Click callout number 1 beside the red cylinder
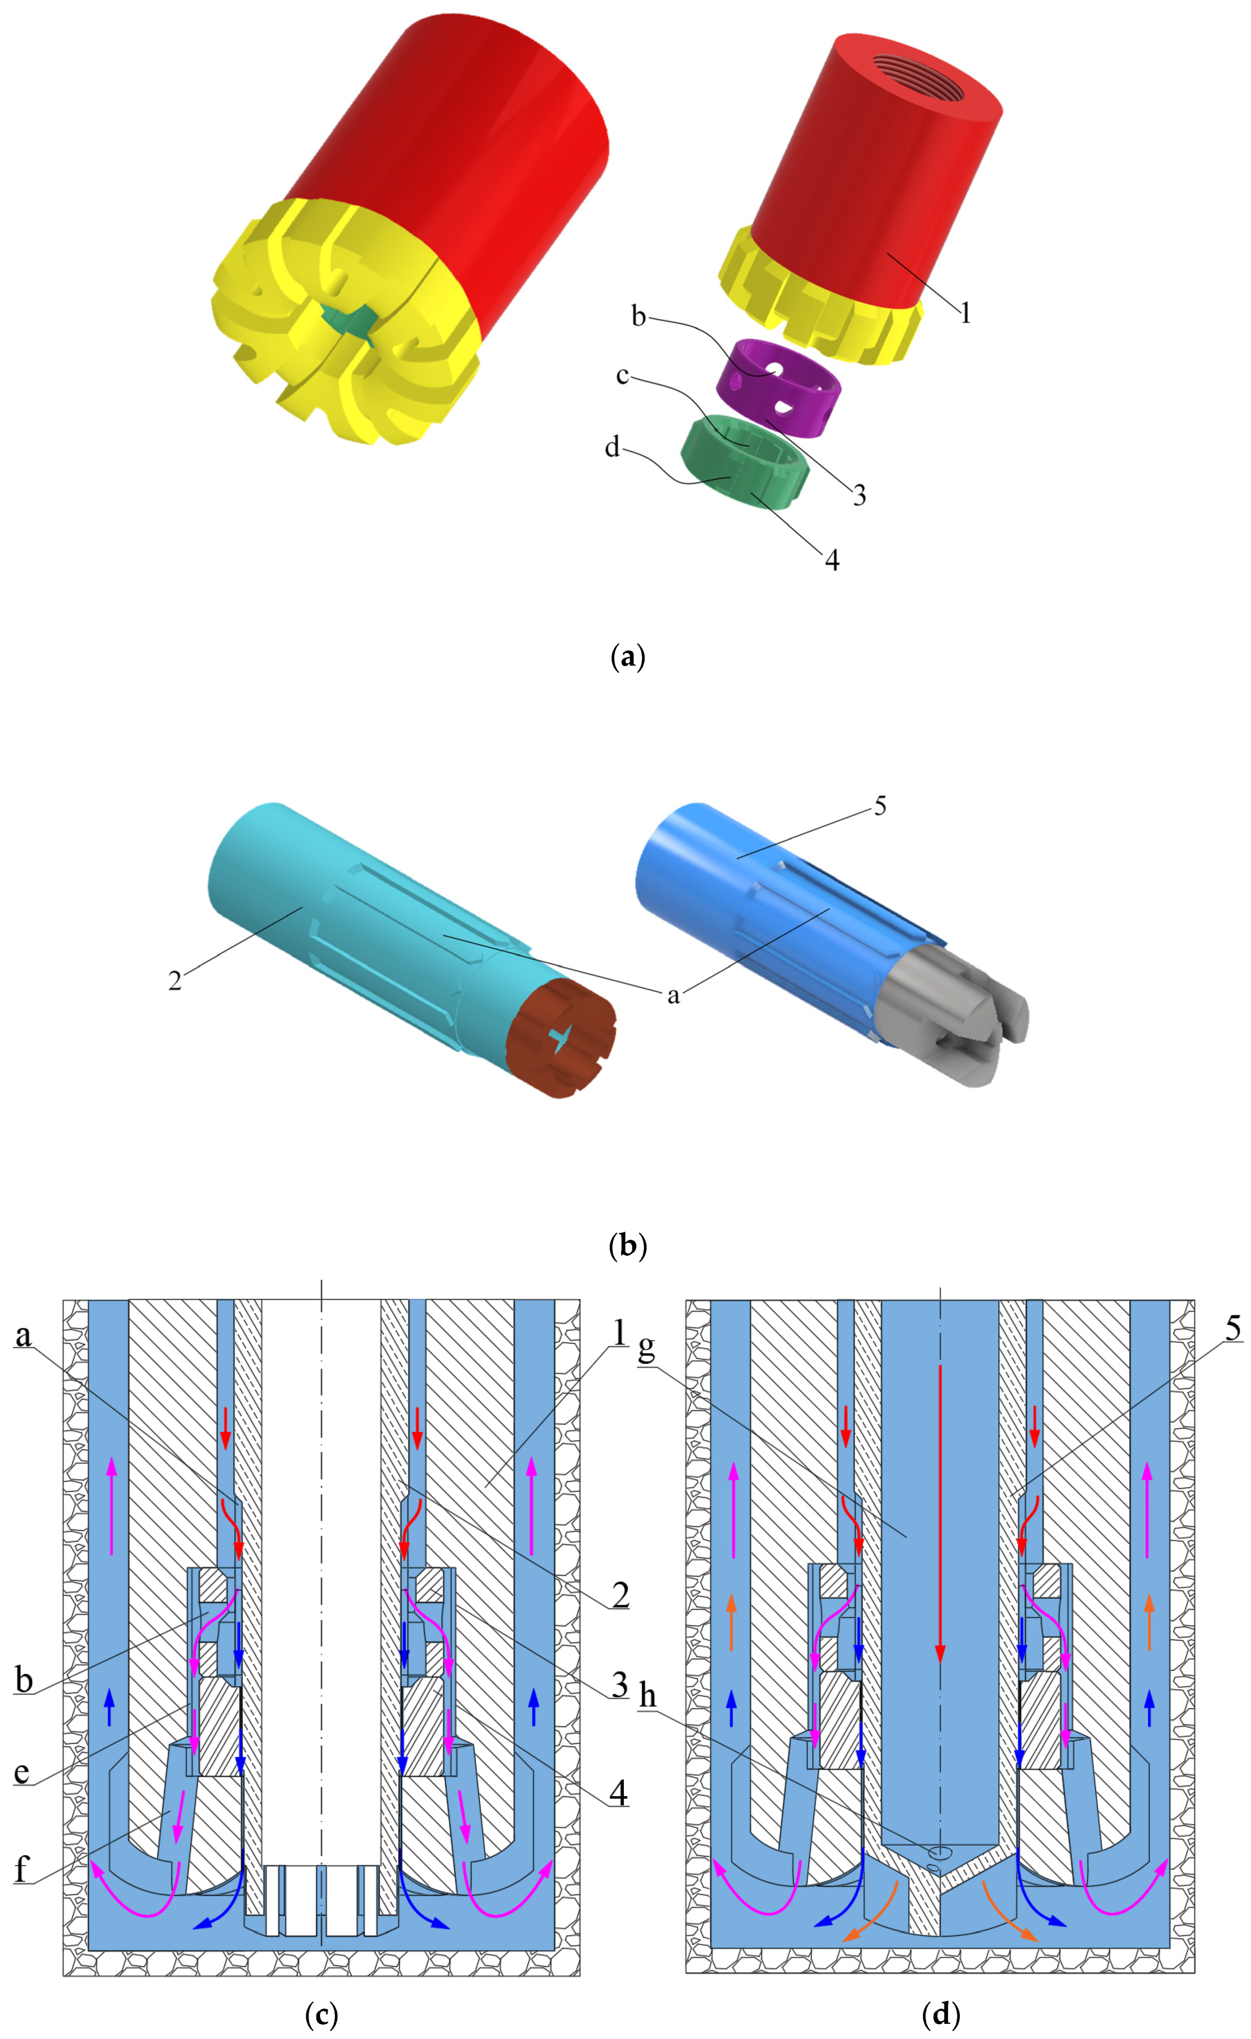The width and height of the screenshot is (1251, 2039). (x=965, y=313)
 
